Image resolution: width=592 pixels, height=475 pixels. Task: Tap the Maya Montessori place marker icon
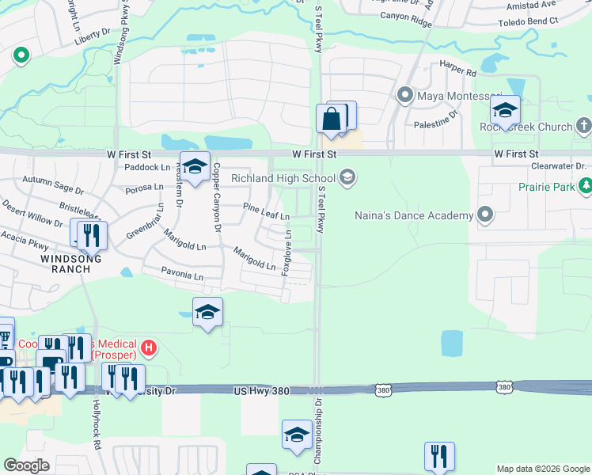point(406,97)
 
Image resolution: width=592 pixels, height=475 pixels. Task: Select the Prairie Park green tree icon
point(585,187)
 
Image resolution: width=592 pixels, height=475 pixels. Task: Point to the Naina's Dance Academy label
point(417,215)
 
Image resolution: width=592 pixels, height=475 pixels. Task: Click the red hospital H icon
point(148,348)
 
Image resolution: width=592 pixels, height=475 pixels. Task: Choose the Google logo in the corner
point(26,465)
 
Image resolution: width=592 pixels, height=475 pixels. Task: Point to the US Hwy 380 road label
point(262,391)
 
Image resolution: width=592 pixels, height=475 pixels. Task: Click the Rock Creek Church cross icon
point(583,126)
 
